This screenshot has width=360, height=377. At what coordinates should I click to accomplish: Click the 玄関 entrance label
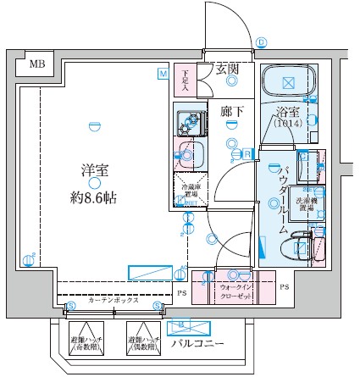[226, 69]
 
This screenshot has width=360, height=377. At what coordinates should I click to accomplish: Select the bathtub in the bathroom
[288, 82]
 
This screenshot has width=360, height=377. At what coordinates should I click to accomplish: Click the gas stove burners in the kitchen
[186, 122]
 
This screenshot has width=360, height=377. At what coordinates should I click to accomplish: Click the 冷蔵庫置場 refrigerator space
[187, 190]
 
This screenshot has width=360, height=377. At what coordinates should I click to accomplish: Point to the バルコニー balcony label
[197, 343]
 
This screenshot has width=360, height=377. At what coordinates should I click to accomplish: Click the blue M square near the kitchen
[162, 74]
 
